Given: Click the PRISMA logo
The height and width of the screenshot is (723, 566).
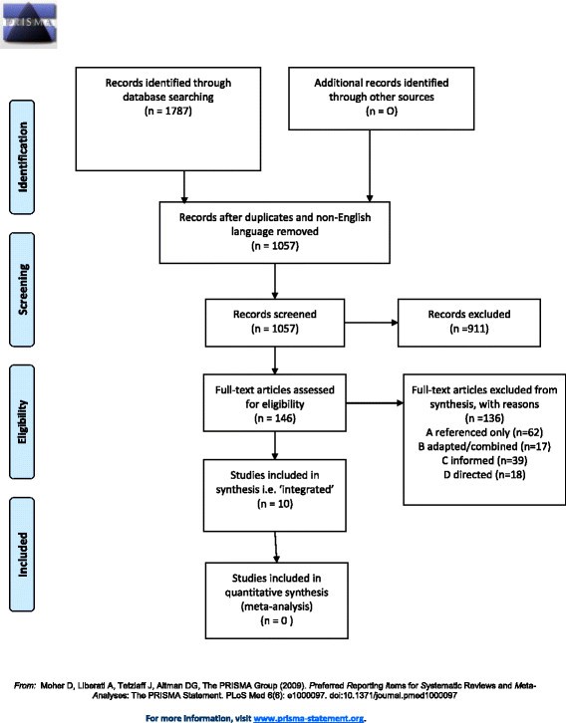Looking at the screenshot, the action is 29,24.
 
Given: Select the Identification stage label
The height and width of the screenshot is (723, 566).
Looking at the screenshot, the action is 22,156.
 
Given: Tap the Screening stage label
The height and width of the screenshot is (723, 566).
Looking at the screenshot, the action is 22,290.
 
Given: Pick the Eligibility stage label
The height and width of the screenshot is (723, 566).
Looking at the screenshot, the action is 22,422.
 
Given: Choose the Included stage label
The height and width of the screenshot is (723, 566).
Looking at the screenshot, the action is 22,555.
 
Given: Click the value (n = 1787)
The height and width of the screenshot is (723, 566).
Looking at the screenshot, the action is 168,111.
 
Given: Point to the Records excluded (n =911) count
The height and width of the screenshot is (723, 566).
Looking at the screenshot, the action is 469,329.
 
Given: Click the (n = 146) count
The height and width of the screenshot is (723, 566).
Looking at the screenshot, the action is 275,418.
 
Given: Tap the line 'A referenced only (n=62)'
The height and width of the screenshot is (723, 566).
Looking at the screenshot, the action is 484,432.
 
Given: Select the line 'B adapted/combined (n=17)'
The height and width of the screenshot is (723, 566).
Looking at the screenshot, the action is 484,446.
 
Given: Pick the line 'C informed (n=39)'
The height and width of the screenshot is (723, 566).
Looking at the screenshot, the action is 484,461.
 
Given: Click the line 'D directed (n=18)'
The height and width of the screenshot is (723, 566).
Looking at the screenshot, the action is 484,474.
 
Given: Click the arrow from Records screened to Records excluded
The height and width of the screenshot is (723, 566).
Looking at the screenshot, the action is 372,323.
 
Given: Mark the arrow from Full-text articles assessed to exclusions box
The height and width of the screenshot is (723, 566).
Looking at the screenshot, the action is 375,403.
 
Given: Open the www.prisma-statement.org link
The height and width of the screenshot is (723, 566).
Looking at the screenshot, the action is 309,718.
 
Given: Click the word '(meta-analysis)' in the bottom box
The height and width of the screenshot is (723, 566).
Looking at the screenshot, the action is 277,606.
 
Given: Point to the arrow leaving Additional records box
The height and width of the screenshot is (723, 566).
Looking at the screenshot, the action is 370,165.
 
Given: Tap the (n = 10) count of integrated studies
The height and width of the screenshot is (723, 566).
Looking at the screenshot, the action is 275,504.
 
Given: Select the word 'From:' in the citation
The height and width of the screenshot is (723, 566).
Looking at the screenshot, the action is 25,685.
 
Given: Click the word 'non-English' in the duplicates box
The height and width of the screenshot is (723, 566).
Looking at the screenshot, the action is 344,217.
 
